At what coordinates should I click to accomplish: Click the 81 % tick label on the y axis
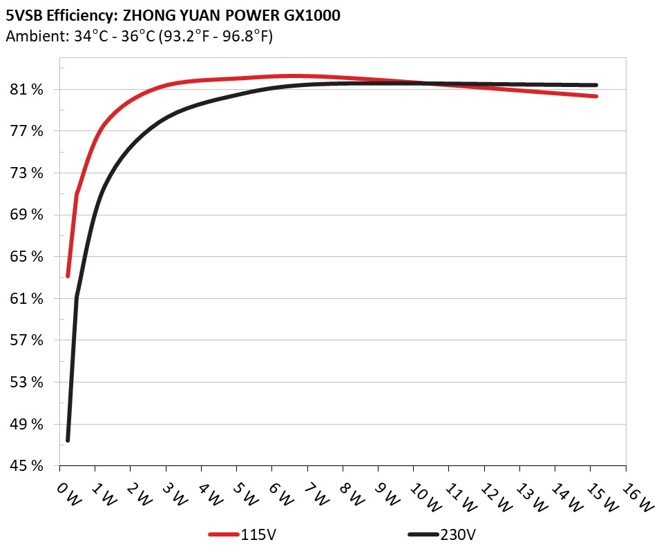26,90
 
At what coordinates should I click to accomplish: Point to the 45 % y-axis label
26,466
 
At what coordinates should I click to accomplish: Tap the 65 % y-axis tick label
26,257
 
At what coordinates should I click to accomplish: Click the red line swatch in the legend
224,534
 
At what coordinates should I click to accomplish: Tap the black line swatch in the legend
423,534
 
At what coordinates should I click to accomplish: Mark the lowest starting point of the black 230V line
68,440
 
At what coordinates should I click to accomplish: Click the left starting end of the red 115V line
68,276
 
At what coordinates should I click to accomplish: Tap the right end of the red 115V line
595,96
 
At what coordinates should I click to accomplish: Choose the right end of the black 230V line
595,85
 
